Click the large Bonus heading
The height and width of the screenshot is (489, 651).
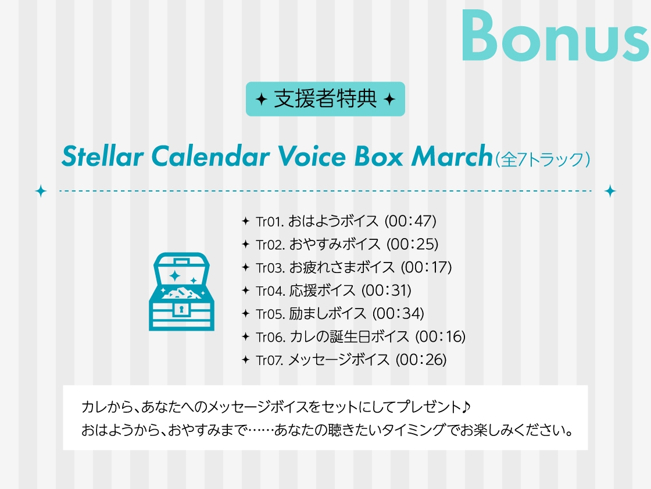click(x=555, y=36)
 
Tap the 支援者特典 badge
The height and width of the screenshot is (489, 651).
click(x=325, y=99)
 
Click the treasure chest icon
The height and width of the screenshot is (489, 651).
click(x=181, y=291)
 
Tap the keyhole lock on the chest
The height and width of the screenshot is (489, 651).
click(x=181, y=309)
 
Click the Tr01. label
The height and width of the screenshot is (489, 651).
click(x=270, y=221)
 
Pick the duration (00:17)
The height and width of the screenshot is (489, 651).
click(x=426, y=267)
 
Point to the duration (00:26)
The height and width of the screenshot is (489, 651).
click(x=421, y=360)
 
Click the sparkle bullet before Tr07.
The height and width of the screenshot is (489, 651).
click(x=245, y=360)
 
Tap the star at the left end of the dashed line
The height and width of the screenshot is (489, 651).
click(x=41, y=191)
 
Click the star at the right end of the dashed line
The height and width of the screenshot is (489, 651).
click(x=610, y=191)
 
